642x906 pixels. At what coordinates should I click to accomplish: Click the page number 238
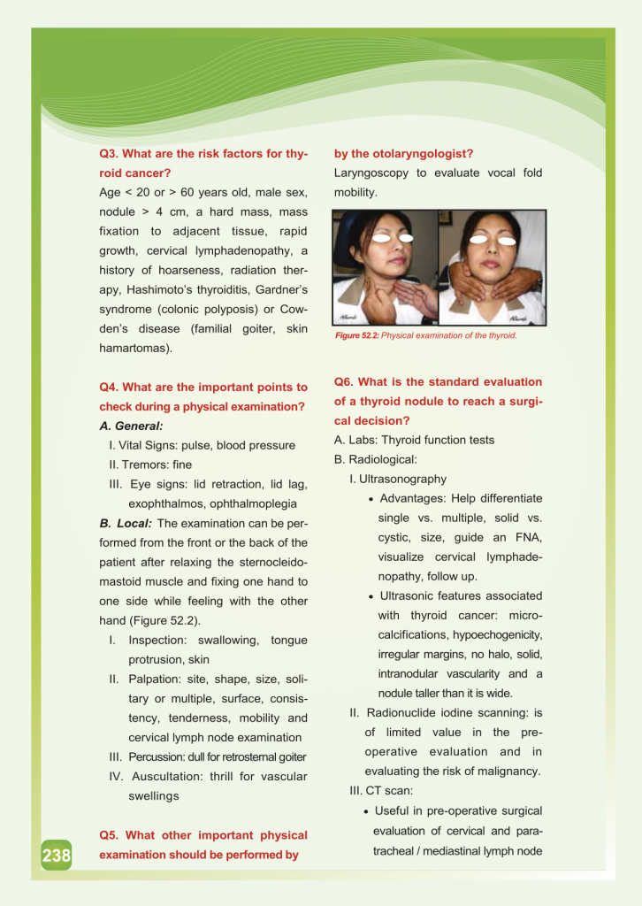pyautogui.click(x=56, y=856)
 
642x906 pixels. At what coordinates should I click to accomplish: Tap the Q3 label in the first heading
pyautogui.click(x=110, y=154)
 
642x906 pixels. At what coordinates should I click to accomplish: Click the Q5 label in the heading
pyautogui.click(x=110, y=835)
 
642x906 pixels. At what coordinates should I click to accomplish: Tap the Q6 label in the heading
pyautogui.click(x=344, y=381)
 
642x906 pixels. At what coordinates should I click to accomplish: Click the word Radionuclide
pyautogui.click(x=407, y=712)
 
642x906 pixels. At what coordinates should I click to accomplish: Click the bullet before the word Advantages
pyautogui.click(x=371, y=499)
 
